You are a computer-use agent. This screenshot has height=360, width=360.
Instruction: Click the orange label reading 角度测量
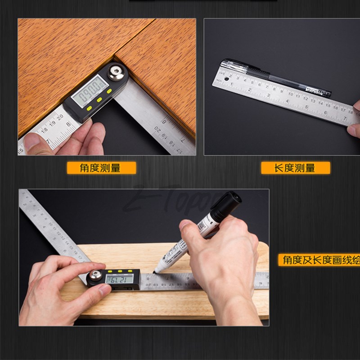click(101, 168)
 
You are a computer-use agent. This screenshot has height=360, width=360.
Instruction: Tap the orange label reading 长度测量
click(295, 168)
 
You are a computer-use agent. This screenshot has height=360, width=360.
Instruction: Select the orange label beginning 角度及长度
click(319, 260)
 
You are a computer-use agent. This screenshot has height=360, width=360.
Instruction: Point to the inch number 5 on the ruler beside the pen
click(306, 107)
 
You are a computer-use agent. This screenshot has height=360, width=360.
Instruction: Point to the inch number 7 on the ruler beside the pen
click(345, 118)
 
